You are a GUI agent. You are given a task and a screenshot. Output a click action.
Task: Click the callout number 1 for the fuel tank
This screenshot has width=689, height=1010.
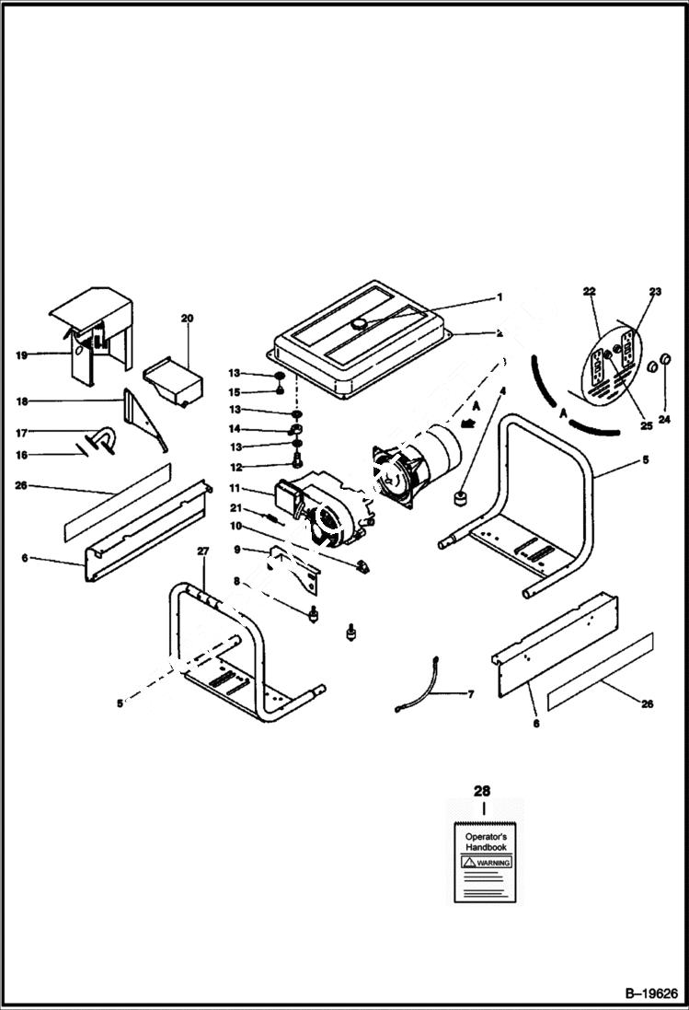[x=500, y=297]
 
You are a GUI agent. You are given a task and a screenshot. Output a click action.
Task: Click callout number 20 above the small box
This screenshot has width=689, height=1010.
[x=187, y=318]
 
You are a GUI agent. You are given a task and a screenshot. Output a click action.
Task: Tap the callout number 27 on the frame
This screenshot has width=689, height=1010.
[x=203, y=551]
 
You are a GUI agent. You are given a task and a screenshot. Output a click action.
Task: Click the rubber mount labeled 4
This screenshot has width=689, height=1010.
[x=457, y=498]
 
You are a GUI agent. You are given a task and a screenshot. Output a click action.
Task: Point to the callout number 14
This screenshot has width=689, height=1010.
[x=235, y=429]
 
